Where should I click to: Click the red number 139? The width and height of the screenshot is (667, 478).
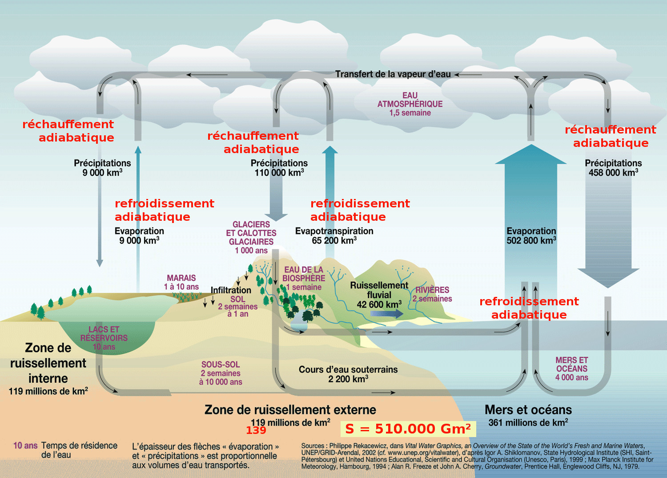pos(256,430)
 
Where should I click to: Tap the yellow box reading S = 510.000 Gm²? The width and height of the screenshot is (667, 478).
pos(408,429)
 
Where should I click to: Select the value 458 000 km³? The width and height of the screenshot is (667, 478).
pos(613,173)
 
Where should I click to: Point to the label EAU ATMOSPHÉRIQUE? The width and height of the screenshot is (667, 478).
pos(410,100)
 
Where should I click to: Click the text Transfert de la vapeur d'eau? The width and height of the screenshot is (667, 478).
pos(393,74)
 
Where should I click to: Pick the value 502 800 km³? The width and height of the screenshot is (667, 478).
pos(531,240)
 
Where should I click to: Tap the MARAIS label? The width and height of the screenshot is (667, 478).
pos(181,278)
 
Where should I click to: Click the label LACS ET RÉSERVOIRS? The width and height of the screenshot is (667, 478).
pos(104,334)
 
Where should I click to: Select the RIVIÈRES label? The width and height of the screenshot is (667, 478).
pos(432,290)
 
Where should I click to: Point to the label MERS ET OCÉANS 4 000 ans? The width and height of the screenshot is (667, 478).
pos(572,369)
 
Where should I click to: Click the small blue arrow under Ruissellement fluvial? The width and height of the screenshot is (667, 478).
pos(386,313)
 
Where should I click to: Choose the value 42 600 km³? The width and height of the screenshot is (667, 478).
pos(379,304)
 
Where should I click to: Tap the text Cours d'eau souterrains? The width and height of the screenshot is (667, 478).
pos(348,369)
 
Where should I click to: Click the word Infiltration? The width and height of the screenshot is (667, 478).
pos(231,290)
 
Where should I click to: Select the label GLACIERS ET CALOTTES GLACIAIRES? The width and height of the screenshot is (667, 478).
pos(251,233)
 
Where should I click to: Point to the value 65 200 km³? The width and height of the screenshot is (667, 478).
pos(334,241)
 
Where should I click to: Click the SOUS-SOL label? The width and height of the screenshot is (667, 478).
pos(221,365)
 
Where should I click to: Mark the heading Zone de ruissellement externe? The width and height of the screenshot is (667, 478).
pos(290,409)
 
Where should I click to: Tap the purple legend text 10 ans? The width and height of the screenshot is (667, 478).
pos(25,446)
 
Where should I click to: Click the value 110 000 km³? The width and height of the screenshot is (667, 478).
pos(279,173)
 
